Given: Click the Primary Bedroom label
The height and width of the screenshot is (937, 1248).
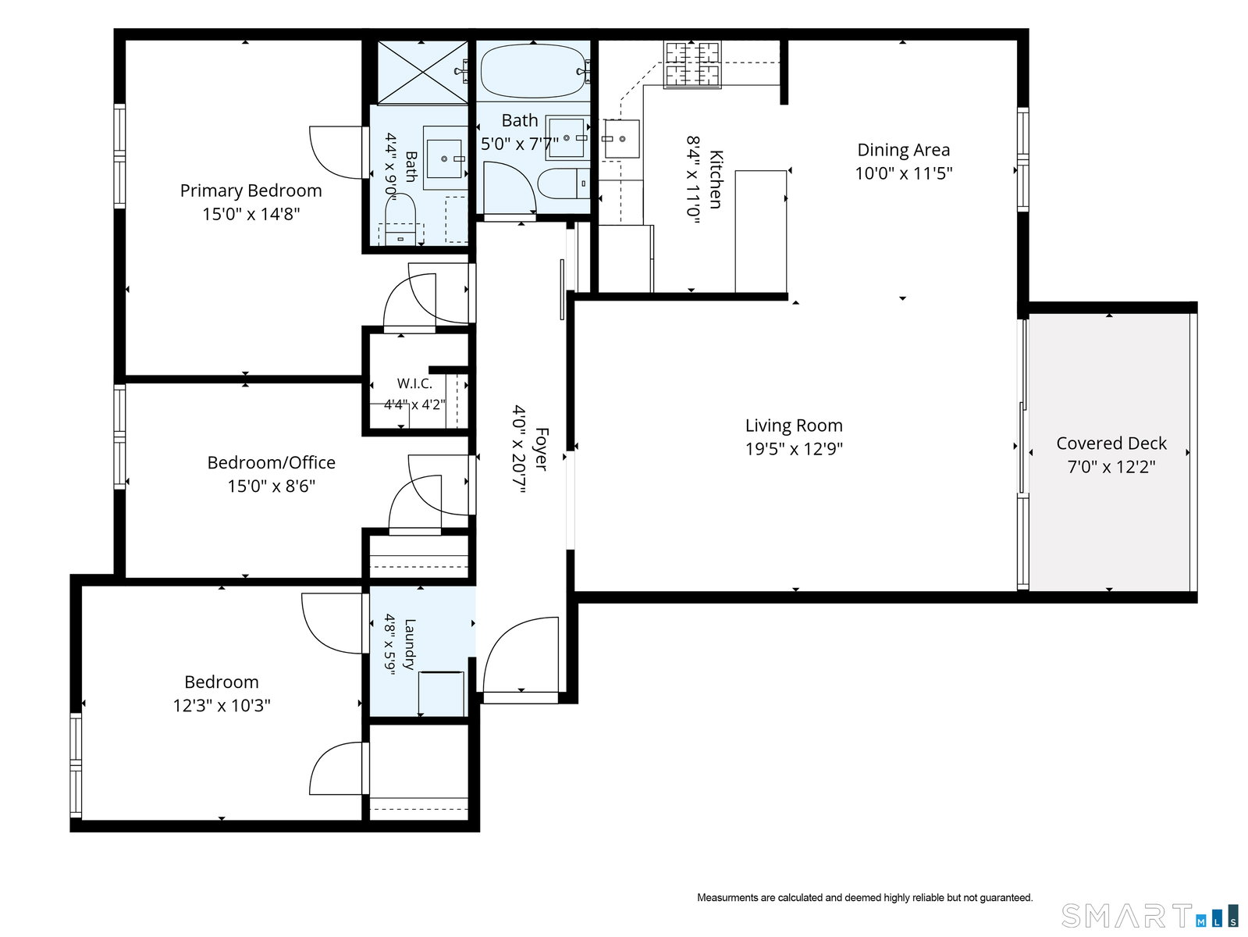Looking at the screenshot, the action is click(251, 191).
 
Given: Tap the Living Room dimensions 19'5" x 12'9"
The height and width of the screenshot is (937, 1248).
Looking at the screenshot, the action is click(794, 449).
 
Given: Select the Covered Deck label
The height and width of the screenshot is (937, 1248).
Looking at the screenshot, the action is click(1111, 443).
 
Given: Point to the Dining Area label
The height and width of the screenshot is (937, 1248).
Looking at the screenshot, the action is click(903, 150).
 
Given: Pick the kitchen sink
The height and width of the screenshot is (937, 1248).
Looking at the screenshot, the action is click(621, 139).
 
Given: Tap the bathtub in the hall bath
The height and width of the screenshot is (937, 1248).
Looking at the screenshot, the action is click(533, 71).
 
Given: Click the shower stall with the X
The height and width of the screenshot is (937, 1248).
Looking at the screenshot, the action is click(422, 72).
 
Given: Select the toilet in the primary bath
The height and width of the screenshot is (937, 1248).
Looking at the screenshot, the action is click(401, 219).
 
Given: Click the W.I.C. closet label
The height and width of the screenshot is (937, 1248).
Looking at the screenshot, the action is click(414, 383).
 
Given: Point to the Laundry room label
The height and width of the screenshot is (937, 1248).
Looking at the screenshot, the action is click(410, 643).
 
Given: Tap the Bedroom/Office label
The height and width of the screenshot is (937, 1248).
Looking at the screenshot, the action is click(271, 462).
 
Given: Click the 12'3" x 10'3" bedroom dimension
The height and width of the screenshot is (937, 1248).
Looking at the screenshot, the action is click(221, 705).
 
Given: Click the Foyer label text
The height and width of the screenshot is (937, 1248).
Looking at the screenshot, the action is click(542, 449).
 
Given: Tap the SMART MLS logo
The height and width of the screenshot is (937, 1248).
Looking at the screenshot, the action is click(1149, 916).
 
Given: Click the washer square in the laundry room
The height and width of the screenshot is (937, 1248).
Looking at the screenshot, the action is click(441, 693).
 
